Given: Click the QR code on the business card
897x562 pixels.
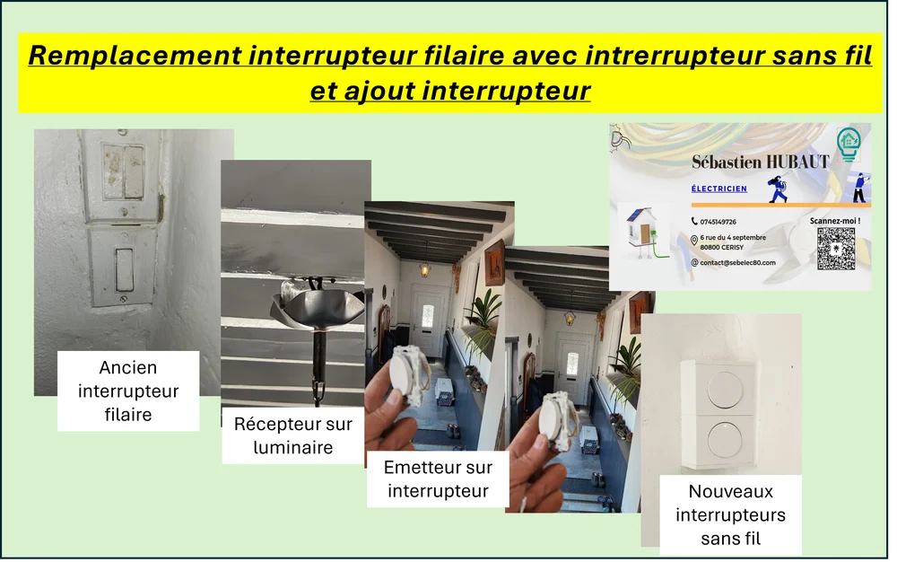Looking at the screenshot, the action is pyautogui.click(x=836, y=249).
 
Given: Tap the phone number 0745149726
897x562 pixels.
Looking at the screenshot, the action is pyautogui.click(x=718, y=222).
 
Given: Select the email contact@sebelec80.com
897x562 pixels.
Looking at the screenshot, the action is pyautogui.click(x=738, y=263).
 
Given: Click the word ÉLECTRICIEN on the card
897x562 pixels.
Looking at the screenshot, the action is pyautogui.click(x=719, y=189).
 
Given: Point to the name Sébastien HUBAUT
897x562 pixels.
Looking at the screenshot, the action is pyautogui.click(x=761, y=162).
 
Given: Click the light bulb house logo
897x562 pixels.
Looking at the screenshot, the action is pyautogui.click(x=849, y=143).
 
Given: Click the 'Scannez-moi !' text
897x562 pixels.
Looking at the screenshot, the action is pyautogui.click(x=835, y=221).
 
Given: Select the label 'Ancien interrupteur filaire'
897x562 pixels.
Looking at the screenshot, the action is pyautogui.click(x=128, y=391).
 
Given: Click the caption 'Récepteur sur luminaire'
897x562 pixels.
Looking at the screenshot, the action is pyautogui.click(x=293, y=435).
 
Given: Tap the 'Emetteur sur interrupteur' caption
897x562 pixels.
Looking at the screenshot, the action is pyautogui.click(x=438, y=479).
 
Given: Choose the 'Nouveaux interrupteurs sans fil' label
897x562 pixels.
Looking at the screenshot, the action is pyautogui.click(x=730, y=514).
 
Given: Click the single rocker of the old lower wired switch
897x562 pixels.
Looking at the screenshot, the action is pyautogui.click(x=124, y=269).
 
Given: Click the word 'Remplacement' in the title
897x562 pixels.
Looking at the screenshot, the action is pyautogui.click(x=135, y=56).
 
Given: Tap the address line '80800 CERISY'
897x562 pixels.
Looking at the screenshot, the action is pyautogui.click(x=722, y=248).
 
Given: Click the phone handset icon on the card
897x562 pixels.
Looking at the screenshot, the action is pyautogui.click(x=694, y=222).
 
